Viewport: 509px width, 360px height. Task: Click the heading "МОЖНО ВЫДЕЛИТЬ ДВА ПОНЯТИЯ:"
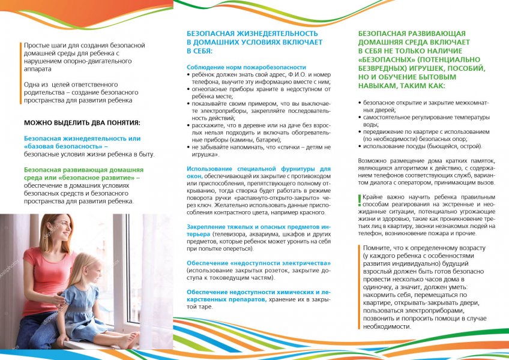pyautogui.click(x=82, y=122)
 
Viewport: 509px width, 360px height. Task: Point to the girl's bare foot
pyautogui.click(x=129, y=341)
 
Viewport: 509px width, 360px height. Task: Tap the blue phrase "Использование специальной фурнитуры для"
pyautogui.click(x=258, y=169)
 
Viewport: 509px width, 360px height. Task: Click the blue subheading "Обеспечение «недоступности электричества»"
pyautogui.click(x=259, y=263)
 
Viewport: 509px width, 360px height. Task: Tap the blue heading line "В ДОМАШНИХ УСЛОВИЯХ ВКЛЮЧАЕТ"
pyautogui.click(x=254, y=43)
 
